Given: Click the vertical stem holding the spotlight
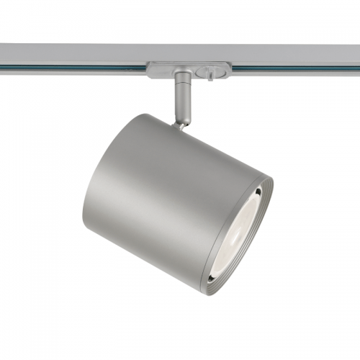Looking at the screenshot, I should click(x=182, y=101).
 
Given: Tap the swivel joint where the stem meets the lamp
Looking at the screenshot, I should click(x=180, y=124).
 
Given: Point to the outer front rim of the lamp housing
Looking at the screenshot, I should click(x=269, y=216).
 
